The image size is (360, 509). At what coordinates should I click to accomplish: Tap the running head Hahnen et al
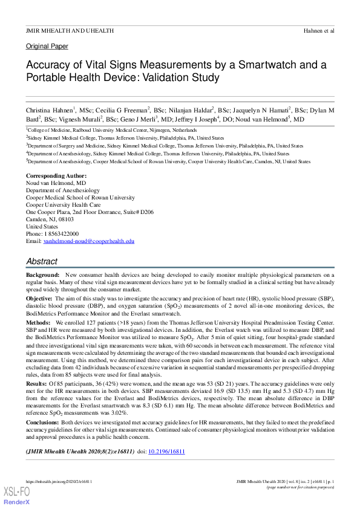tap(318, 30)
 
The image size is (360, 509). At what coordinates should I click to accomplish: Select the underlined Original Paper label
tap(47, 47)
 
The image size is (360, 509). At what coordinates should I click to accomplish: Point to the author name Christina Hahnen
tap(49, 110)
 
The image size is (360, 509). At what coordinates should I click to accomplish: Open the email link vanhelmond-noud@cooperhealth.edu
tap(88, 241)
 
